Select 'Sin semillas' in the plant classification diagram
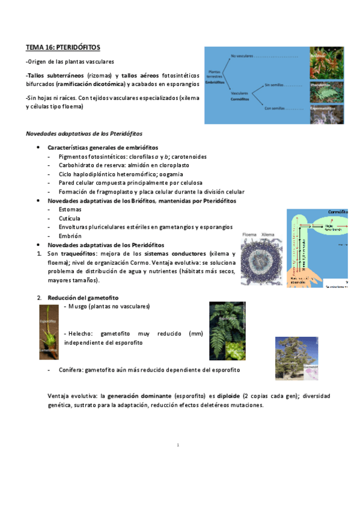click(x=274, y=85)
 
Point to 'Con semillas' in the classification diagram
click(x=274, y=108)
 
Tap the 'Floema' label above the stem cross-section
click(x=250, y=235)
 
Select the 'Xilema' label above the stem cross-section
click(x=269, y=235)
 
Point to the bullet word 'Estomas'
click(x=70, y=209)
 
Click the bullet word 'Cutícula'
click(x=70, y=218)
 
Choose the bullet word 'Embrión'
click(x=70, y=236)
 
